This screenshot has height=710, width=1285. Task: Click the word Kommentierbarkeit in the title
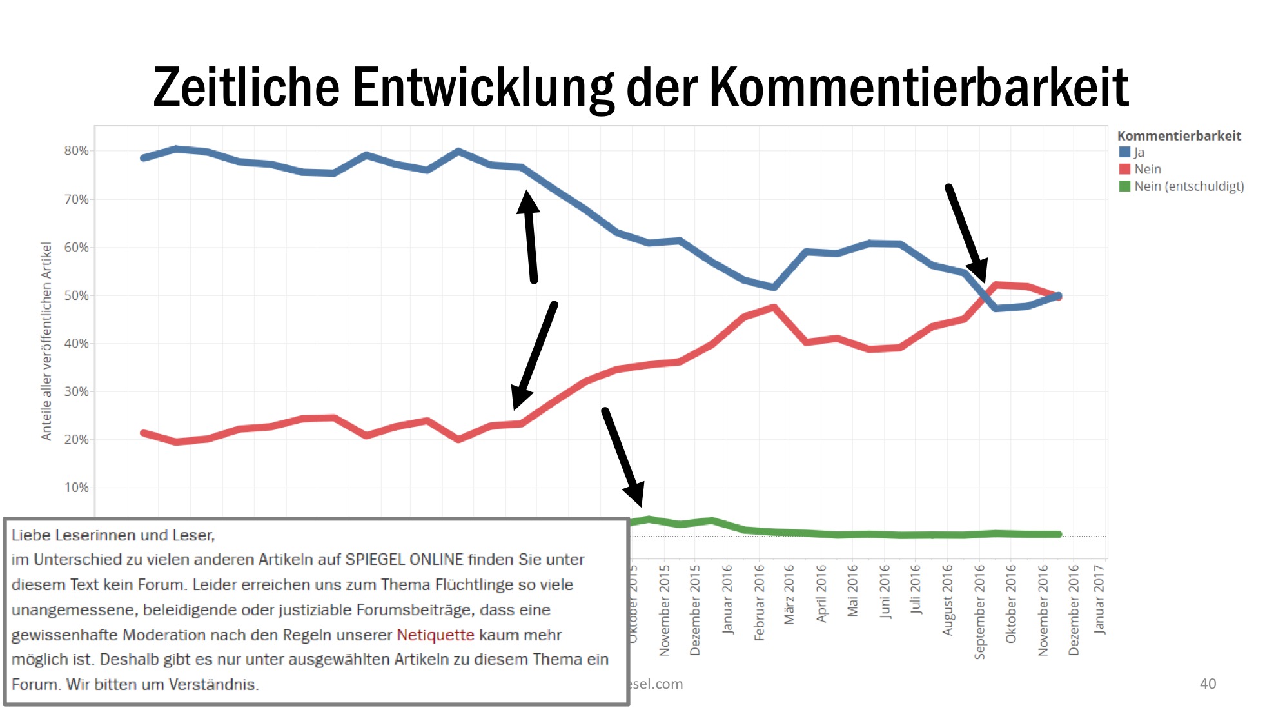point(919,87)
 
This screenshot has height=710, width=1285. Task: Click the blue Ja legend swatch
point(1124,152)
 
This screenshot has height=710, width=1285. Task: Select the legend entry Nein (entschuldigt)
point(1188,186)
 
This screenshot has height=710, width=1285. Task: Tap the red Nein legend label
point(1148,169)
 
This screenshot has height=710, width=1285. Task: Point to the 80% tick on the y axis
point(76,151)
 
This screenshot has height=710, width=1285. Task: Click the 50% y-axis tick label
point(76,295)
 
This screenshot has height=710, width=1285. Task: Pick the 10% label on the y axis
point(76,488)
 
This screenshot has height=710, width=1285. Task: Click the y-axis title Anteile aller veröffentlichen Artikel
point(46,341)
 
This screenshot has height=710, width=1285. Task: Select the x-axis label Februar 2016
point(759,602)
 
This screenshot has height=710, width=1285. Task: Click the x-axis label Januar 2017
point(1099,598)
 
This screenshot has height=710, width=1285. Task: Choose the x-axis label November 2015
point(664,610)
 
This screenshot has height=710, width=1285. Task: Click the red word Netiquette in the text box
point(435,635)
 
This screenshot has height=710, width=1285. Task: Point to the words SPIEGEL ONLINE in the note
point(404,559)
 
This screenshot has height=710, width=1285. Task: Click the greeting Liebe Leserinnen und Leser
point(113,535)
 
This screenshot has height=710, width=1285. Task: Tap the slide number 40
point(1208,684)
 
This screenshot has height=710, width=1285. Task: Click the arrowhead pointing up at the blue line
point(528,201)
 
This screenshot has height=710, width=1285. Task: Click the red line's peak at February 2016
point(774,308)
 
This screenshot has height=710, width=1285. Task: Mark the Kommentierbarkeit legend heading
point(1179,135)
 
